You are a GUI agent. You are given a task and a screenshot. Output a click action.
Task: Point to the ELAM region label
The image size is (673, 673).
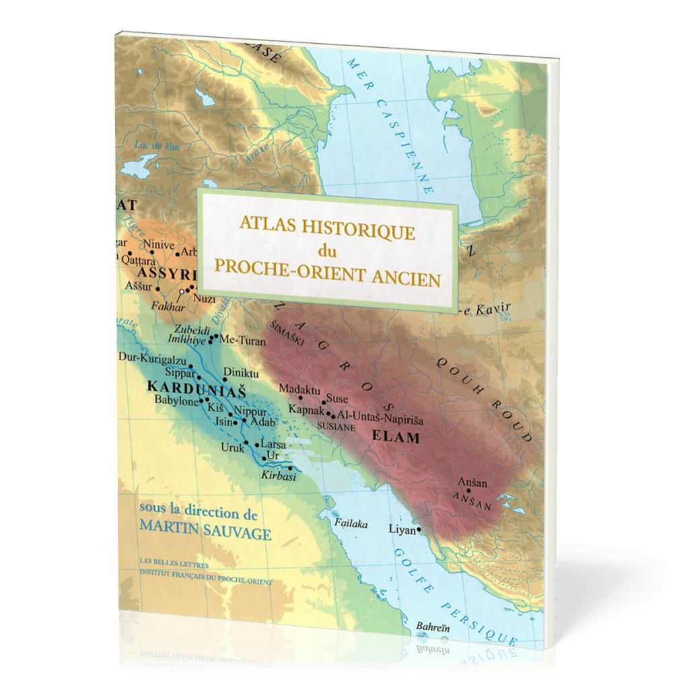[396, 438]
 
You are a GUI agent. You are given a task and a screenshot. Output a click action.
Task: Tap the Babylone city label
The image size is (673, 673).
[176, 401]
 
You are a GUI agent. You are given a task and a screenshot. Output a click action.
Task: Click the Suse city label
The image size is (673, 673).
[336, 398]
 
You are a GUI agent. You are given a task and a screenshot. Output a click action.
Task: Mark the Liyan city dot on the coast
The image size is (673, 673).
[419, 530]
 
